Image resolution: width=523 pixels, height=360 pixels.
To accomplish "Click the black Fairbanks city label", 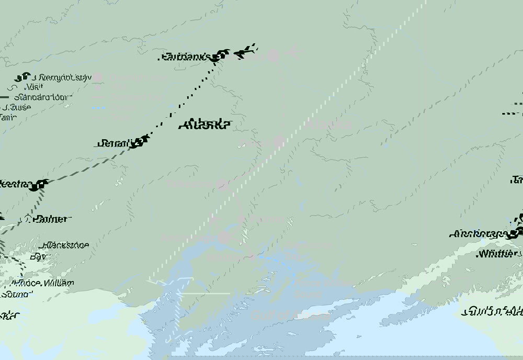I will click(x=185, y=57).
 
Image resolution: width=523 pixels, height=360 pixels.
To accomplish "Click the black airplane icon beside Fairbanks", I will click(x=246, y=51).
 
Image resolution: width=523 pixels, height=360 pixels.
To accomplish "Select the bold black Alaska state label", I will click(x=204, y=125).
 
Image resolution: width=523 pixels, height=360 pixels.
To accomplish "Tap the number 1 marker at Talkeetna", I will click(x=41, y=185).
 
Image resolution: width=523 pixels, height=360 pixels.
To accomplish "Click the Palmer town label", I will click(x=50, y=219).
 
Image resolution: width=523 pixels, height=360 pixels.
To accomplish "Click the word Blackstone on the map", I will click(x=66, y=245).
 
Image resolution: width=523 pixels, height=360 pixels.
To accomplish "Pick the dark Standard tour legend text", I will click(x=43, y=97).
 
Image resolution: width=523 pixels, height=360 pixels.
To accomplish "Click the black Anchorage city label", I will click(x=480, y=234).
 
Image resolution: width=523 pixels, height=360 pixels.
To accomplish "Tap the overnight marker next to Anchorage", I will click(x=518, y=233).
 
